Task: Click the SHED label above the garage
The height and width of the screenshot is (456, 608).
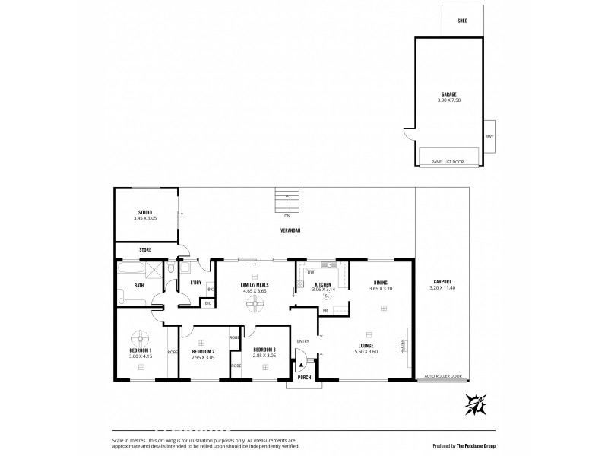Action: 461,21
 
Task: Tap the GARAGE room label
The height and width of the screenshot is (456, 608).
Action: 448,94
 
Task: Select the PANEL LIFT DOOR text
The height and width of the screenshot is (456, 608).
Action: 448,162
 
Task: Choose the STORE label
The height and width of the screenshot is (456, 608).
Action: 145,249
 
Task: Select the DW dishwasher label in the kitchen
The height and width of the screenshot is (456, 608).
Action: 312,271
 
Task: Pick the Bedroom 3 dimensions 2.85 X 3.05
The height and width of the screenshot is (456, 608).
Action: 264,356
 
